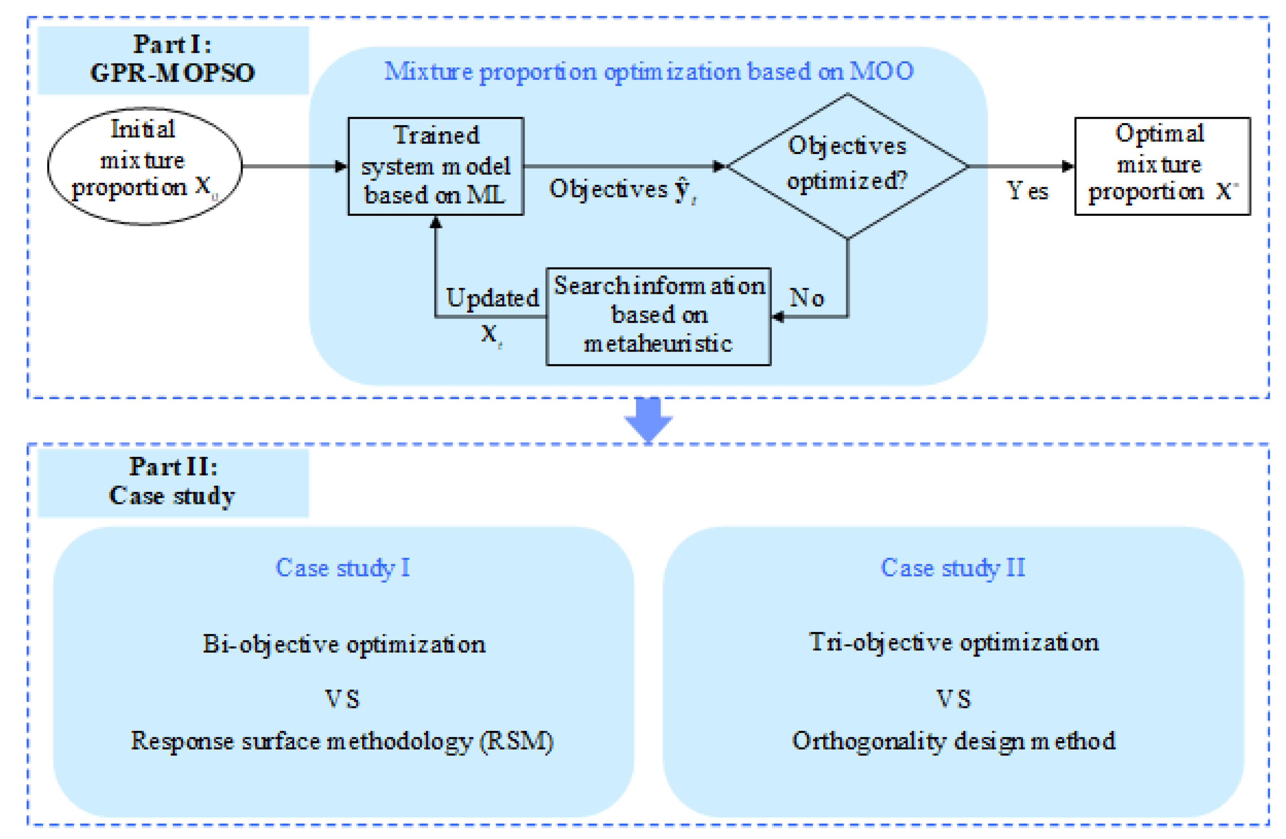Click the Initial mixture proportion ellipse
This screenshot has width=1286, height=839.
(x=144, y=165)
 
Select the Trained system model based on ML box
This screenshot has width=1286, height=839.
(x=436, y=165)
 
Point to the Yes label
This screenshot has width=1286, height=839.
(x=1027, y=191)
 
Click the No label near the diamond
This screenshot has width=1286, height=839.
(x=807, y=297)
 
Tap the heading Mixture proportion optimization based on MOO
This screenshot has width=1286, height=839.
(x=648, y=71)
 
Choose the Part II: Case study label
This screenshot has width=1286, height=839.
(x=173, y=481)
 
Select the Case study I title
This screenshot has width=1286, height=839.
(x=343, y=568)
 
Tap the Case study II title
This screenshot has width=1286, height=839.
(x=953, y=568)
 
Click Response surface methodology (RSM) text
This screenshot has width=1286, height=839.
(x=342, y=741)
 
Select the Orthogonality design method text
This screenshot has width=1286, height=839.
(x=953, y=741)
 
